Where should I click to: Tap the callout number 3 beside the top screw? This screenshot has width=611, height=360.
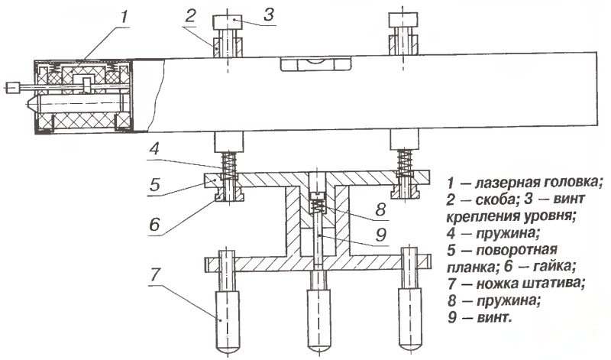(269, 15)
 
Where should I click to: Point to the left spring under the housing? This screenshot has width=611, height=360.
(228, 164)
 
